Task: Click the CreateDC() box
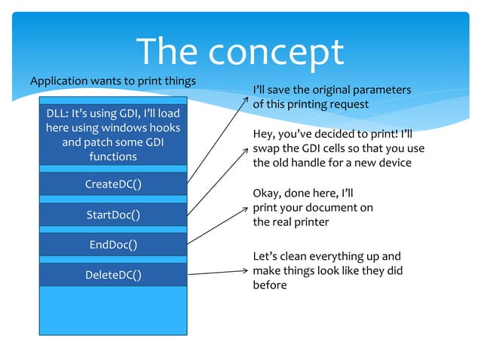click(x=112, y=185)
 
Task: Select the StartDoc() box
click(x=112, y=215)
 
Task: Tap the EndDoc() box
click(x=112, y=245)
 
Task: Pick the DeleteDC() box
click(x=112, y=275)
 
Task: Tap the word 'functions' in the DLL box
click(x=112, y=157)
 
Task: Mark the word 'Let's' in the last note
click(x=266, y=257)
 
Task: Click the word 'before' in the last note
click(x=270, y=285)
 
